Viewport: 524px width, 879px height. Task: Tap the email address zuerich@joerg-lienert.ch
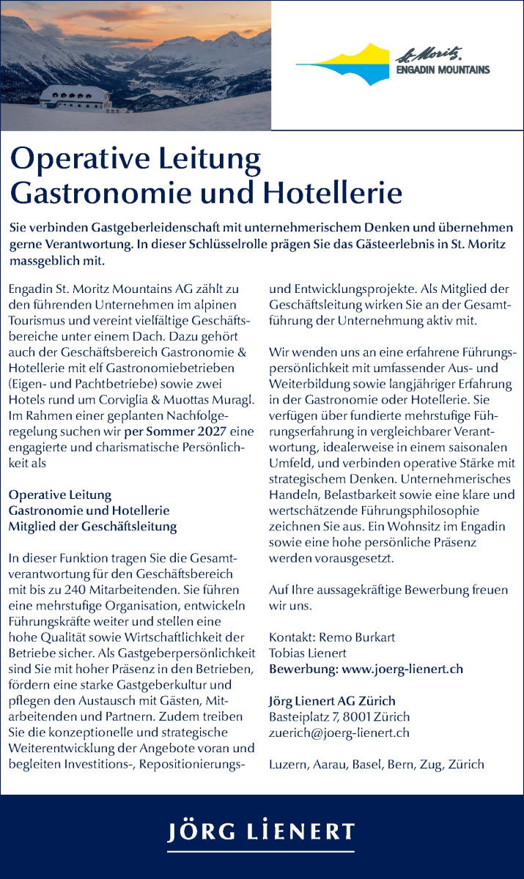click(x=339, y=732)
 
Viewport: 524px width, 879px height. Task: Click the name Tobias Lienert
click(x=308, y=653)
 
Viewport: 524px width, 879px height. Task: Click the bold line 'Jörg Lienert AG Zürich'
click(x=332, y=701)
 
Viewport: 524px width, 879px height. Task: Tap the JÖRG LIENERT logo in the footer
click(x=262, y=832)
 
